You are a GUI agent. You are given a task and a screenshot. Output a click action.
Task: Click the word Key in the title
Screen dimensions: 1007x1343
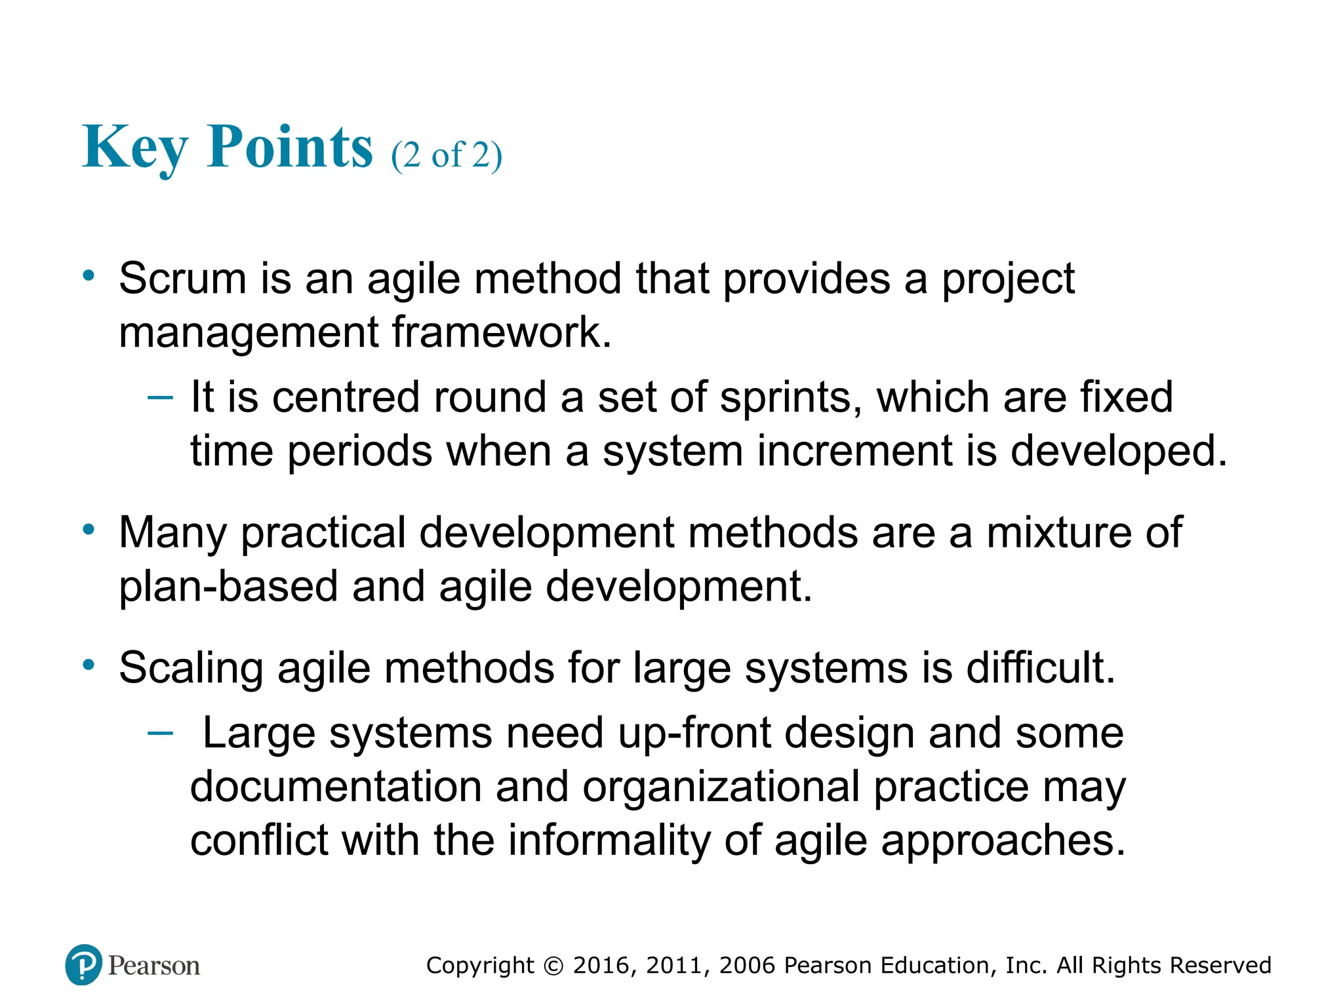pos(134,148)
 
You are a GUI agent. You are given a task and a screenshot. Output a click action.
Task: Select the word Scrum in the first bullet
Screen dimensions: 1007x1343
pos(183,279)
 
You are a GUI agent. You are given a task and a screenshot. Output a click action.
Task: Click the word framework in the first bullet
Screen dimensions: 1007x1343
pos(502,332)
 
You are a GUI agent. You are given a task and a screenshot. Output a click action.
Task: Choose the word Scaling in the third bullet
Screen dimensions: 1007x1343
pos(191,668)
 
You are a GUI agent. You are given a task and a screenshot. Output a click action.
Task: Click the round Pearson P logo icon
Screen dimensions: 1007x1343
pos(84,964)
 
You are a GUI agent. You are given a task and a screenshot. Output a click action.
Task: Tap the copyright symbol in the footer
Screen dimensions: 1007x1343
pos(553,966)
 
